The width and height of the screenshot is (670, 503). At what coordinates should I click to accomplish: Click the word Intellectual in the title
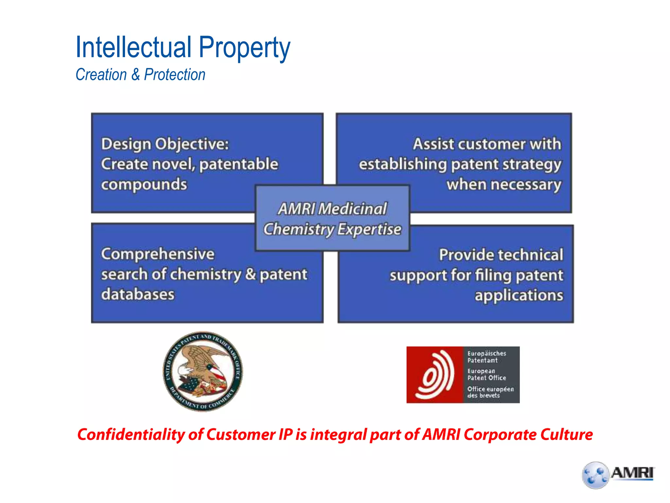click(x=133, y=47)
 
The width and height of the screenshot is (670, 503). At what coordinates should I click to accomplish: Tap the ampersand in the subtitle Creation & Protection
click(x=135, y=75)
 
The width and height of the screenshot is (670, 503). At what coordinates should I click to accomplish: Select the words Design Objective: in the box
click(x=165, y=144)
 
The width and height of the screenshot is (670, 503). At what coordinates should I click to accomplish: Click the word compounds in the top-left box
click(x=144, y=185)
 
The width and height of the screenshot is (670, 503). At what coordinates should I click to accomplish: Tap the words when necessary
click(x=504, y=185)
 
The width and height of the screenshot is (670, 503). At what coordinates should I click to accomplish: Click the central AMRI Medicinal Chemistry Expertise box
click(x=332, y=219)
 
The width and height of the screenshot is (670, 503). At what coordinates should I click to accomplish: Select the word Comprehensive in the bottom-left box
click(x=158, y=254)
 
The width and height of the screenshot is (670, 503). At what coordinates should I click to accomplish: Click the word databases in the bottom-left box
click(x=138, y=294)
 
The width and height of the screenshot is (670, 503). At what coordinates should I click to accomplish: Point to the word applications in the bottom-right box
click(x=519, y=295)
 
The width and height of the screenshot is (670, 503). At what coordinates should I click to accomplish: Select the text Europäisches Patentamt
click(x=486, y=357)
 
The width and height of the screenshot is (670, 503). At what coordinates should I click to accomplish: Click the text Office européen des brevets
click(x=490, y=392)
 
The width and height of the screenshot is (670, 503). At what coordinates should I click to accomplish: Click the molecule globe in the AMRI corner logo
click(x=595, y=475)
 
